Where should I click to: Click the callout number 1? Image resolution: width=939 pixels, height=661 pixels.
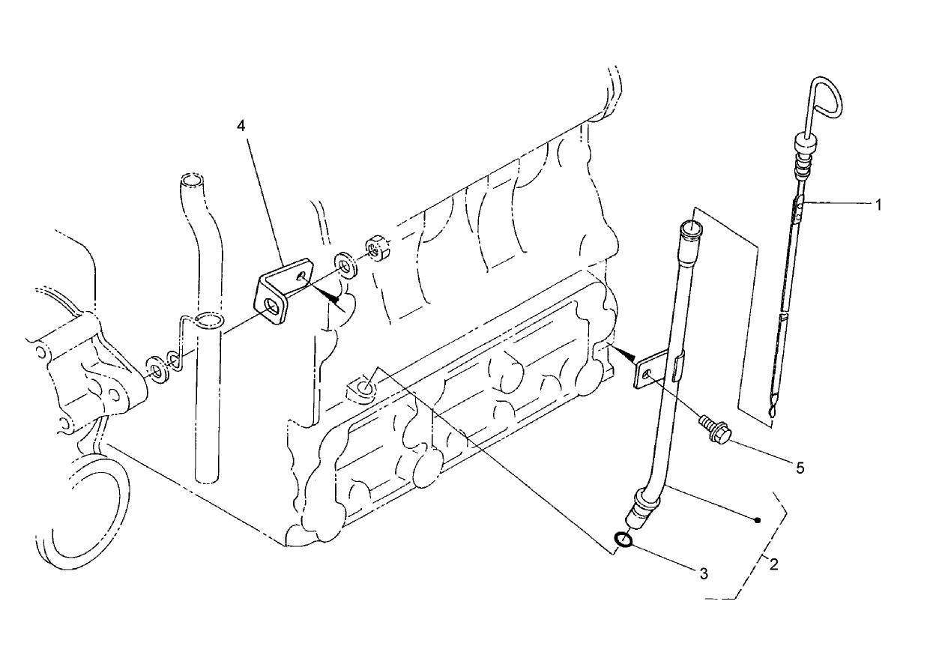880,203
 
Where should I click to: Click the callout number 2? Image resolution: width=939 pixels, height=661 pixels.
773,564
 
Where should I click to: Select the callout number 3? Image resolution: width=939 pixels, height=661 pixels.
703,574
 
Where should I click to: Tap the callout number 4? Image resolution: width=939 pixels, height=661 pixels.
241,126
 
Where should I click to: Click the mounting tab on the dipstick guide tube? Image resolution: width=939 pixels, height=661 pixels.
646,371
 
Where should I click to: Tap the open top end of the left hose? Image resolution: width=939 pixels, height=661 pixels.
191,181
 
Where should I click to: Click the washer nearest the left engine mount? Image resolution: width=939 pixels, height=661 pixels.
157,368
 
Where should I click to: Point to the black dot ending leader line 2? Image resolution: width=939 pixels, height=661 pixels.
758,519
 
